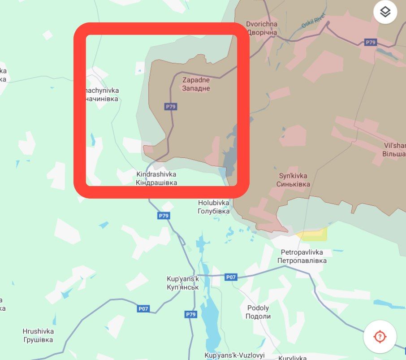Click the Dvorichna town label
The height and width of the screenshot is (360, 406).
click(x=262, y=28)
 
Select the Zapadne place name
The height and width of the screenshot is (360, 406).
click(x=196, y=84)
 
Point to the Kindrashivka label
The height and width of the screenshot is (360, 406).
click(x=156, y=178)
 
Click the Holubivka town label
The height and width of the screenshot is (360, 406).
click(x=214, y=207)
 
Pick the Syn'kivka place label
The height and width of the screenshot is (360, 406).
click(x=293, y=180)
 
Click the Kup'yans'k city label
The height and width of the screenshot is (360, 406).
click(x=182, y=282)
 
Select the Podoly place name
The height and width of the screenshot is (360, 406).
click(x=258, y=312)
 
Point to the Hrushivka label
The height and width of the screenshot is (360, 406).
click(x=38, y=335)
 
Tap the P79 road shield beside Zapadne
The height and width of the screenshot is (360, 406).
click(x=171, y=107)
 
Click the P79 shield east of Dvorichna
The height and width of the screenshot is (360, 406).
click(x=370, y=42)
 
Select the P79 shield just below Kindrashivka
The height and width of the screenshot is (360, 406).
click(x=164, y=216)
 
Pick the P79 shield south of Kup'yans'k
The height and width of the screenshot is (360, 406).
click(x=191, y=314)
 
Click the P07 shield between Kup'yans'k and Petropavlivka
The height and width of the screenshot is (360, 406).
click(x=230, y=277)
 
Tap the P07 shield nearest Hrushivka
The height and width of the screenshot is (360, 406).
click(x=143, y=308)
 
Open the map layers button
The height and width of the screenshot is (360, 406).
click(x=385, y=12)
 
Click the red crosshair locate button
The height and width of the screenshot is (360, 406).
click(x=380, y=336)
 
